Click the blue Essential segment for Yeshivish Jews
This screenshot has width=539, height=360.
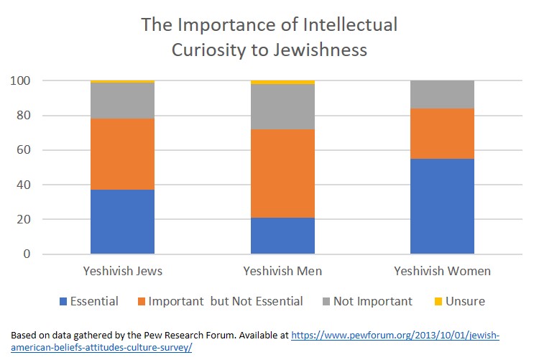click(x=122, y=221)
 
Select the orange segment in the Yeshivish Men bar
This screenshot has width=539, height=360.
click(x=282, y=172)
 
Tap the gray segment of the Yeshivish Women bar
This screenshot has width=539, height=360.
click(x=442, y=94)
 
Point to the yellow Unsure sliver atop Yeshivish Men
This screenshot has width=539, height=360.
click(x=282, y=82)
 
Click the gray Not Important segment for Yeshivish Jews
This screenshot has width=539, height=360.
click(x=122, y=101)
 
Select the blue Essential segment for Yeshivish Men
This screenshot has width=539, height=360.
click(x=282, y=236)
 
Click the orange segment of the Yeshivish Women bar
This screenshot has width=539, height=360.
click(x=442, y=134)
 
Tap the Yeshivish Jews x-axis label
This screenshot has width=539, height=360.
click(x=122, y=271)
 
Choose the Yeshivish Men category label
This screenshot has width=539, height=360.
click(x=282, y=271)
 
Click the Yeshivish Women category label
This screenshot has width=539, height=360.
click(x=442, y=271)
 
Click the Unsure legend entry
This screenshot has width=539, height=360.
click(x=465, y=302)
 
